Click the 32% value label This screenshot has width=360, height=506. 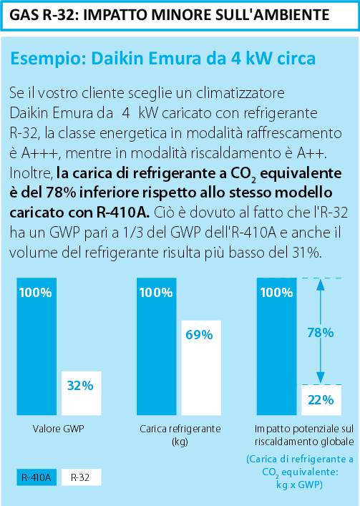pyautogui.click(x=80, y=386)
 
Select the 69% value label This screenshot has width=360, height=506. pyautogui.click(x=200, y=335)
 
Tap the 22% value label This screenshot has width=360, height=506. pyautogui.click(x=321, y=400)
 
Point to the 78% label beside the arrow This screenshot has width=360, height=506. pyautogui.click(x=321, y=333)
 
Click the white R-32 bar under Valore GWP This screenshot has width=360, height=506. pyautogui.click(x=82, y=393)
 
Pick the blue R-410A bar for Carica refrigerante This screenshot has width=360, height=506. pyautogui.click(x=157, y=346)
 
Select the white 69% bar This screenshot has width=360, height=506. pyautogui.click(x=201, y=368)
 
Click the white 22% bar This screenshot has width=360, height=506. pyautogui.click(x=321, y=400)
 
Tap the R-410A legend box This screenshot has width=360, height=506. pyautogui.click(x=37, y=477)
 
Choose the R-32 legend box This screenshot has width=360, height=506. pyautogui.click(x=82, y=477)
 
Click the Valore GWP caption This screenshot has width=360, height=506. pyautogui.click(x=59, y=429)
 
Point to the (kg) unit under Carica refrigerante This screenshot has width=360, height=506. pyautogui.click(x=180, y=442)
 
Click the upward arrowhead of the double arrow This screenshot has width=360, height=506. pyautogui.click(x=321, y=283)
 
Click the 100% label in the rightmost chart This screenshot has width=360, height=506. pyautogui.click(x=276, y=293)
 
